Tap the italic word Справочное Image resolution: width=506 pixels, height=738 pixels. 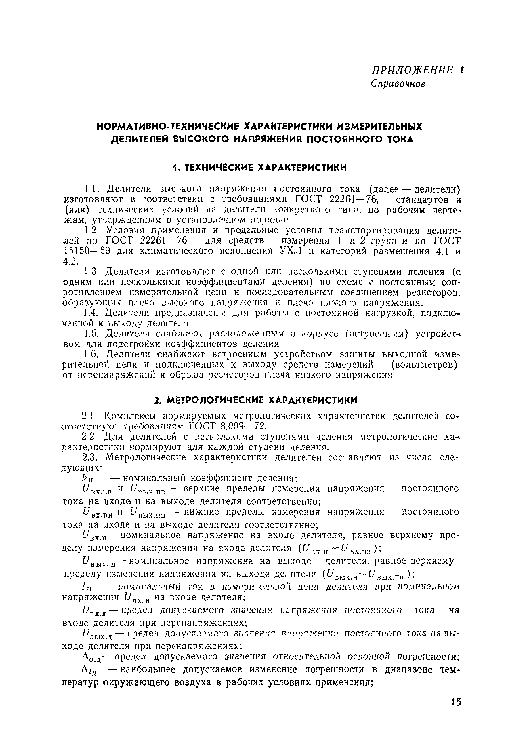coord(398,83)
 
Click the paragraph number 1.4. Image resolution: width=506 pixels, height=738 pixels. coord(91,313)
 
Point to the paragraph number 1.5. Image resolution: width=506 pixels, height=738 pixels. coord(91,333)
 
